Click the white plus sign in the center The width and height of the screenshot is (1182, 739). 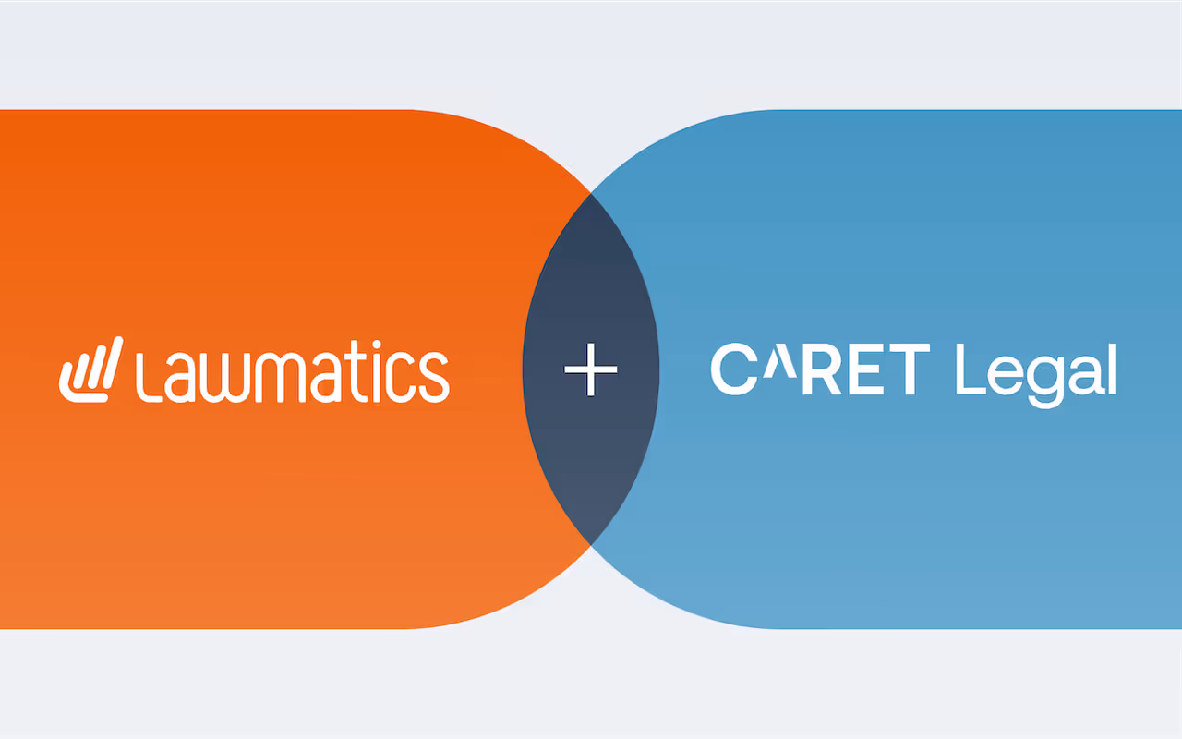591,369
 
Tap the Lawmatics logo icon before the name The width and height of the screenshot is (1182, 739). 90,370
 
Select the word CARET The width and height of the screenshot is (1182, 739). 820,369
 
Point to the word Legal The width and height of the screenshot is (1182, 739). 1035,371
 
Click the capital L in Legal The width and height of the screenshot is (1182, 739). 968,369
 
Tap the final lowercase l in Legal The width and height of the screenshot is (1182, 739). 1111,369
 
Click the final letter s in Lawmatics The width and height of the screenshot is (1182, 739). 435,380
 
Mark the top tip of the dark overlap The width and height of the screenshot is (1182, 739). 591,193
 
